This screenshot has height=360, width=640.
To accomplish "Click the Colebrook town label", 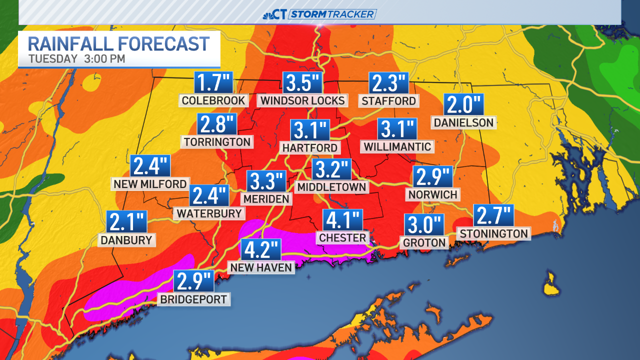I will [213, 100].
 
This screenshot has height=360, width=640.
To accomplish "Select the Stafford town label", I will [389, 100].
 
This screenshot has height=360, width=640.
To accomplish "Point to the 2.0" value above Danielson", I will [463, 105].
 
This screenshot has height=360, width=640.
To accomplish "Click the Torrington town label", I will [217, 142].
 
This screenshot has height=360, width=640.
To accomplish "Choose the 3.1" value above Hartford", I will [310, 130].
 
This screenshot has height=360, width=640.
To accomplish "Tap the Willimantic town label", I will [397, 146].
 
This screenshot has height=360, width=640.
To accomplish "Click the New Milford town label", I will [150, 184].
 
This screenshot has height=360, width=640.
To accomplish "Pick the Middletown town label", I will [331, 187].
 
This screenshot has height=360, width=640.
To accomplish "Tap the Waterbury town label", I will [209, 213].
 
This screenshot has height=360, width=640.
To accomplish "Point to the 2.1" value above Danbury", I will [127, 222].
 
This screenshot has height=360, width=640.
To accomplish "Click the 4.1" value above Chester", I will [342, 220].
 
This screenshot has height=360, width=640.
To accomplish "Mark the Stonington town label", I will [494, 233].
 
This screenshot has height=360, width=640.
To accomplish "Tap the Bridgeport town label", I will [193, 300].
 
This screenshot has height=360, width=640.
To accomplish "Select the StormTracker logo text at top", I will [332, 14].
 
